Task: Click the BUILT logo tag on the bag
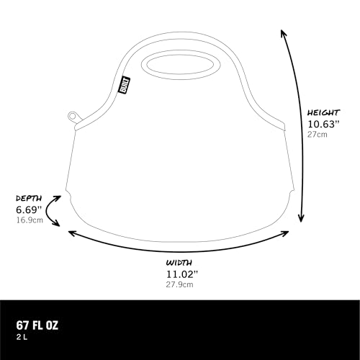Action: [x=125, y=86]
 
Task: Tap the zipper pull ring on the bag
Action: [x=71, y=117]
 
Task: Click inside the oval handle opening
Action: [x=177, y=65]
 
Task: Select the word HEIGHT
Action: [x=324, y=112]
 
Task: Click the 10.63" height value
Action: [x=324, y=124]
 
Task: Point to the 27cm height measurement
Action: [x=318, y=135]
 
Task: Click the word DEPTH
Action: [x=29, y=198]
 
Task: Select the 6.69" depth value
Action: [x=29, y=210]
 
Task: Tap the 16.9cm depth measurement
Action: [x=30, y=220]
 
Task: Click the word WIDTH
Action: [x=179, y=263]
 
